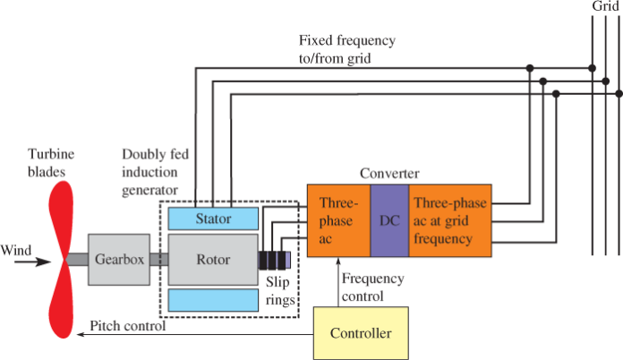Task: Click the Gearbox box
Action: point(115,260)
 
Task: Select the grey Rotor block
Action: point(211,260)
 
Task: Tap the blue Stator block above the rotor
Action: point(211,218)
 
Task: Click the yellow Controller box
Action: point(361,332)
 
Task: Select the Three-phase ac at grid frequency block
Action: point(449,220)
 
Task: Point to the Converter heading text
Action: point(389,172)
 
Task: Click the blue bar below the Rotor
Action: point(211,300)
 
